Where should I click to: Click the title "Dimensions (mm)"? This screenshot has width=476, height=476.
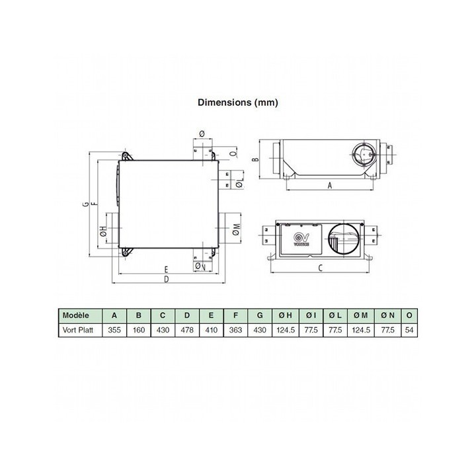tap(238, 102)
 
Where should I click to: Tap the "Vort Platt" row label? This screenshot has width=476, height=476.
tap(79, 329)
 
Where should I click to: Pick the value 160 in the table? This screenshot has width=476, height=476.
tap(139, 329)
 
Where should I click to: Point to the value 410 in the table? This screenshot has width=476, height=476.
tap(211, 329)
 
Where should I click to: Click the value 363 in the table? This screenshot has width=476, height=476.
tap(235, 329)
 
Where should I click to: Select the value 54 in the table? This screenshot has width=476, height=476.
tap(411, 329)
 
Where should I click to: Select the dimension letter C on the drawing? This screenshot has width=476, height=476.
tap(320, 268)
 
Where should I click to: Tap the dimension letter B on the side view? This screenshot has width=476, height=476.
tap(255, 159)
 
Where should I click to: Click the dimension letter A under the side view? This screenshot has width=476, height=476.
tap(329, 186)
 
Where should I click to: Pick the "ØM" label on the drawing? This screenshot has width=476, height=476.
tap(237, 230)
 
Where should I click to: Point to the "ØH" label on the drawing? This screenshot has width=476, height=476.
tap(103, 231)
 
